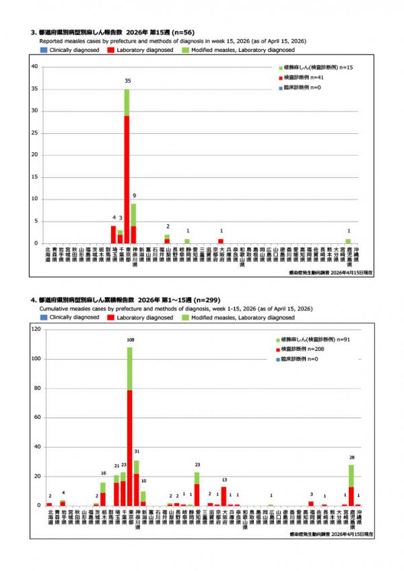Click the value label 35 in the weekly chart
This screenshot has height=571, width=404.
click(x=127, y=80)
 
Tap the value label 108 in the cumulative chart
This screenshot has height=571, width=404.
click(x=130, y=340)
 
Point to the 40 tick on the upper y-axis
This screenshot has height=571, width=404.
click(x=34, y=67)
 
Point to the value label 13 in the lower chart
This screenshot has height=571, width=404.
click(x=224, y=480)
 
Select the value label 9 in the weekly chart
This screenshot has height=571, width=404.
click(x=133, y=196)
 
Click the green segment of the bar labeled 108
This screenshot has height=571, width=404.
click(x=130, y=368)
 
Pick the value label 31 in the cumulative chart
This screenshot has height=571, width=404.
click(x=137, y=452)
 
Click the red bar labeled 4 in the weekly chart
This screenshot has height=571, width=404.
click(x=113, y=234)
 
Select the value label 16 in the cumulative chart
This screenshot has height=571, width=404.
click(x=103, y=473)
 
